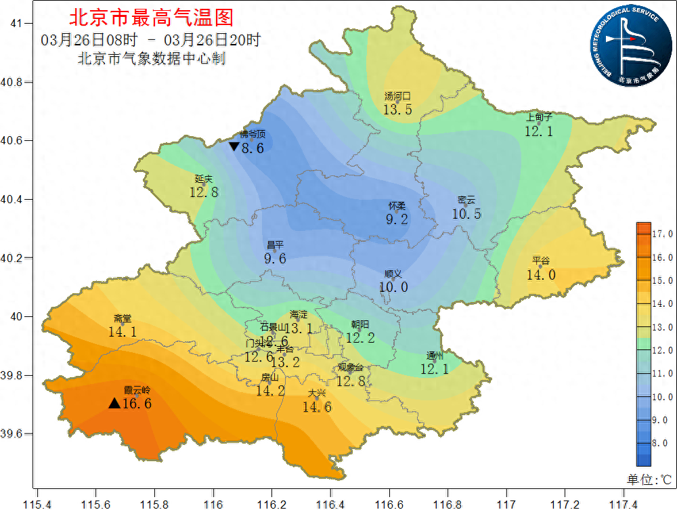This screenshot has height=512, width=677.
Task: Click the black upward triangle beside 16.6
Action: [x=114, y=404]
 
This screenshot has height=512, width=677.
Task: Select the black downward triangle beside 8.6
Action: [x=234, y=146]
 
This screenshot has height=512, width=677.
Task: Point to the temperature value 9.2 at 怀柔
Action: [x=397, y=219]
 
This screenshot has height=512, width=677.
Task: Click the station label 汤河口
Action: [x=398, y=96]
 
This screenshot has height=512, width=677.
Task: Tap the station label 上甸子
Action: [x=540, y=117]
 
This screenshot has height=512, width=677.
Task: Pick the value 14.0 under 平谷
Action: [x=541, y=274]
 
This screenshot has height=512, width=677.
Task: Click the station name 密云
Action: [x=466, y=200]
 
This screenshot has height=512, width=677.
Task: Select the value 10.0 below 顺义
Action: [x=393, y=287]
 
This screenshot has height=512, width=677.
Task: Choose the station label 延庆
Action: [x=204, y=179]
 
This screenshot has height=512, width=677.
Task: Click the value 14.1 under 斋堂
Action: [x=123, y=332]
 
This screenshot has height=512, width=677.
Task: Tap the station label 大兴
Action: [x=317, y=393]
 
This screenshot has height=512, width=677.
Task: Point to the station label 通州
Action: [x=435, y=356]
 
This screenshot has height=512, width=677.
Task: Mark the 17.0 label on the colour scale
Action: [x=661, y=234]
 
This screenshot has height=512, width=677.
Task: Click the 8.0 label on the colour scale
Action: [x=661, y=443]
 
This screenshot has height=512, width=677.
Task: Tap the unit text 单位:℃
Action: [x=648, y=479]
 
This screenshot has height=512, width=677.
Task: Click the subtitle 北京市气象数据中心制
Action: [x=152, y=59]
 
